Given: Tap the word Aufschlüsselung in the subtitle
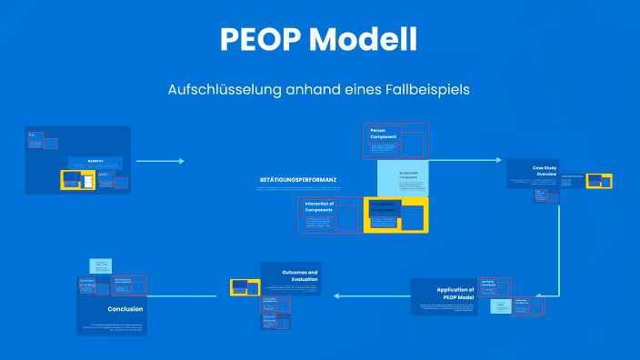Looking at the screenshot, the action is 214,90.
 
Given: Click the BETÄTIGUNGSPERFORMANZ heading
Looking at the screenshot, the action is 298,180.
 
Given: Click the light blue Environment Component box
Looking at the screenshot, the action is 402,176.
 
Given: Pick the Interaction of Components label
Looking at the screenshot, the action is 319,207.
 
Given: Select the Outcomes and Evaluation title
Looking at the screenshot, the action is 299,275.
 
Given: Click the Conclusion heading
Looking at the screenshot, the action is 125,308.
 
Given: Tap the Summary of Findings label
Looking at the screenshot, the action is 87,283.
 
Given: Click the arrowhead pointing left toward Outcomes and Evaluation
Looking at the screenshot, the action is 338,295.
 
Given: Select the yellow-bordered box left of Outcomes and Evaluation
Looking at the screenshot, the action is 245,287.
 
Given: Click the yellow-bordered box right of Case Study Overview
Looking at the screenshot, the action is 598,181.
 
